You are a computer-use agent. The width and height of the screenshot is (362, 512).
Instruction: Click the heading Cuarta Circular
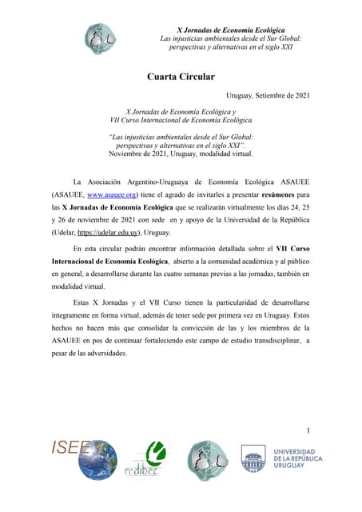(181, 77)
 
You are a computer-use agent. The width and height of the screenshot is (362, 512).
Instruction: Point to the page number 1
(308, 431)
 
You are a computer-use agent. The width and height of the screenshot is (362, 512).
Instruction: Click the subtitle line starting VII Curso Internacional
(181, 119)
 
